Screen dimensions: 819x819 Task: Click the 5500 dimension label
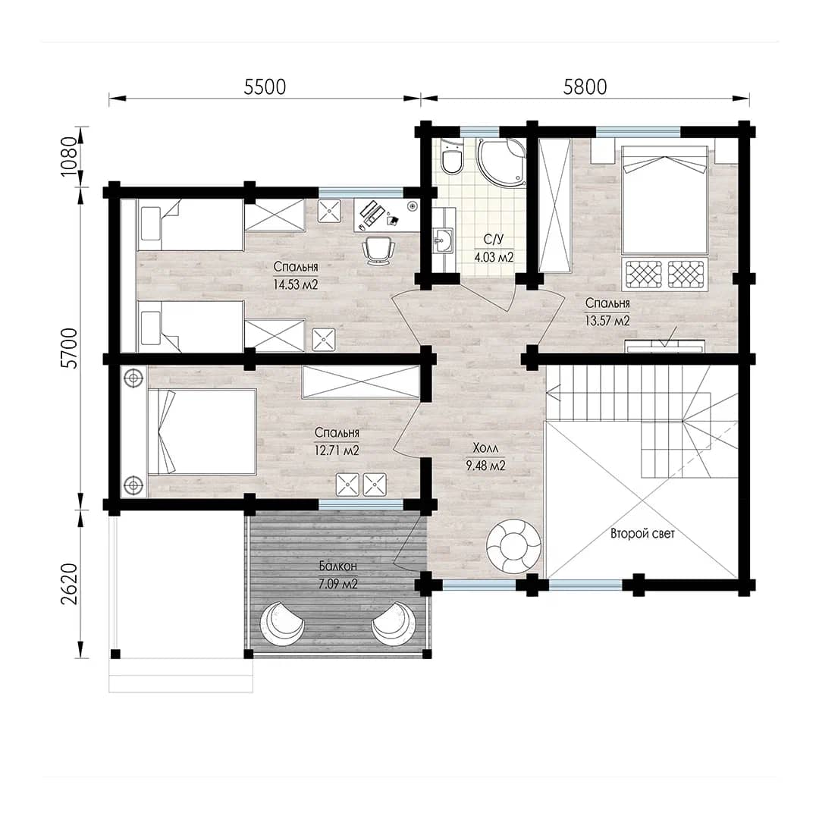pos(265,87)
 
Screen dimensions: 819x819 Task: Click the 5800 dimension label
pos(585,87)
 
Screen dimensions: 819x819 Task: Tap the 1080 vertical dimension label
pos(69,157)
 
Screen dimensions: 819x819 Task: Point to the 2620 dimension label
pos(69,584)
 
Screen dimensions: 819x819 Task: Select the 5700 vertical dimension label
pos(69,349)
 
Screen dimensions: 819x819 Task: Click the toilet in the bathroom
pos(451,157)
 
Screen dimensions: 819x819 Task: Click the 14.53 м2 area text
pos(296,284)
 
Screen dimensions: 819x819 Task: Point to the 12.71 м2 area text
pos(337,450)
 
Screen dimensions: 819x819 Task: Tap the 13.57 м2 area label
pos(607,321)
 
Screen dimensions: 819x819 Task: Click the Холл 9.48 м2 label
pos(486,457)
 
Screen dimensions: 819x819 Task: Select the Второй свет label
pos(642,534)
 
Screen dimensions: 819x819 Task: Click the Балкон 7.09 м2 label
pos(338,575)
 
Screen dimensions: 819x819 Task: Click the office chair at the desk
pos(378,249)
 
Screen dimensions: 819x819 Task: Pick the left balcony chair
pos(282,624)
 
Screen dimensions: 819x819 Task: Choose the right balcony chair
pos(394,624)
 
